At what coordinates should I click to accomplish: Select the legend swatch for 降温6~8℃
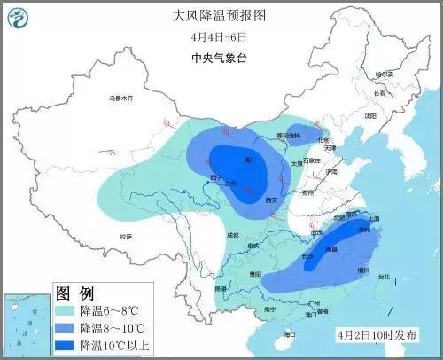(x=66, y=312)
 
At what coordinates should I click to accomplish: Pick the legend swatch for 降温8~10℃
(x=66, y=329)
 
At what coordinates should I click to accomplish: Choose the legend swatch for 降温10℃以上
(x=66, y=346)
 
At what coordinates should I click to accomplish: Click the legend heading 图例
(x=74, y=293)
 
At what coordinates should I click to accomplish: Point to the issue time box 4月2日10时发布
(x=381, y=334)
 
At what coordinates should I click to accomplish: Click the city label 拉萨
(x=126, y=236)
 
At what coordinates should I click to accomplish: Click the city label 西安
(x=272, y=200)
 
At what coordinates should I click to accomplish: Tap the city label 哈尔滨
(x=383, y=74)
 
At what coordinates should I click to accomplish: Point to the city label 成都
(x=232, y=235)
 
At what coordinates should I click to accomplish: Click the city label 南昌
(x=330, y=251)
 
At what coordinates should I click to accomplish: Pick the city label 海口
(x=290, y=333)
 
